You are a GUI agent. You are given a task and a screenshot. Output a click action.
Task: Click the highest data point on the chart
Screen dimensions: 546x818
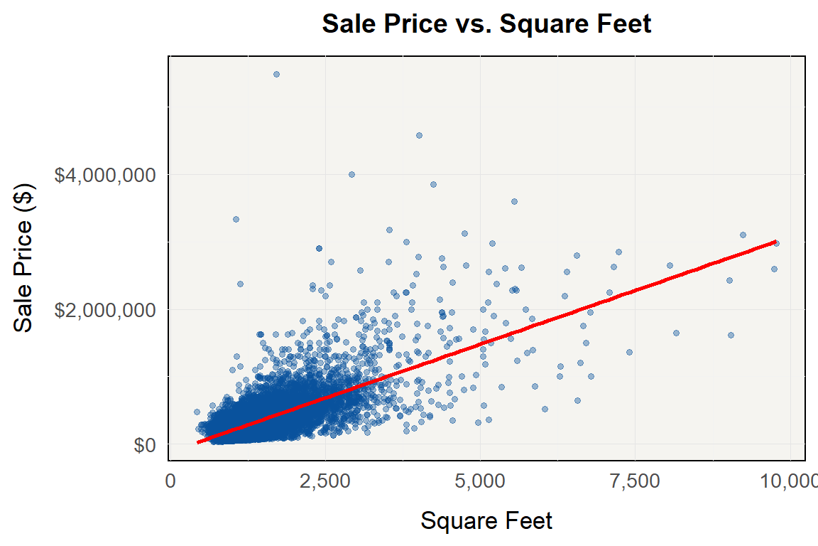[x=276, y=74]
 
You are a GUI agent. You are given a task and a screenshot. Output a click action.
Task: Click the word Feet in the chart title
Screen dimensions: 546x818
[x=619, y=24]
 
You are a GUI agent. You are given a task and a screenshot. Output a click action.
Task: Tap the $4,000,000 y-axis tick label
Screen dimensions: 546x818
[x=105, y=175]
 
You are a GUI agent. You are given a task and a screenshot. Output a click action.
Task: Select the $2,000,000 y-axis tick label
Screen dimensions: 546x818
[x=105, y=310]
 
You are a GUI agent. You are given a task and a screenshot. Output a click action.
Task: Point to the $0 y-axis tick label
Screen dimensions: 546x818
[x=145, y=445]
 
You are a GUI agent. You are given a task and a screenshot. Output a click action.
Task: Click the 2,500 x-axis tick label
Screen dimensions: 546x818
[x=325, y=481]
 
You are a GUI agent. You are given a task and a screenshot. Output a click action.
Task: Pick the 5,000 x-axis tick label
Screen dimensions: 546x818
[x=481, y=481]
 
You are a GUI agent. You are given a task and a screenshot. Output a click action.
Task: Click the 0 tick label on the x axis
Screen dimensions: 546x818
[x=170, y=481]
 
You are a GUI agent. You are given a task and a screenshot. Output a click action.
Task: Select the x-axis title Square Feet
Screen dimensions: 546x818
[x=486, y=521]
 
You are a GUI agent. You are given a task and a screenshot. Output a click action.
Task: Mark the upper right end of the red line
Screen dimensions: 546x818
[x=776, y=242]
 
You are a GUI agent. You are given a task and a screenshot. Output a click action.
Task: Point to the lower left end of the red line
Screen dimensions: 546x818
[x=198, y=442]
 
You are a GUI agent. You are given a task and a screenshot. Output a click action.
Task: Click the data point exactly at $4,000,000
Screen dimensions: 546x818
[x=351, y=174]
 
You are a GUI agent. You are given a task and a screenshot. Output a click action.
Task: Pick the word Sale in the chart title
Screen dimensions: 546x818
[x=347, y=24]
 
